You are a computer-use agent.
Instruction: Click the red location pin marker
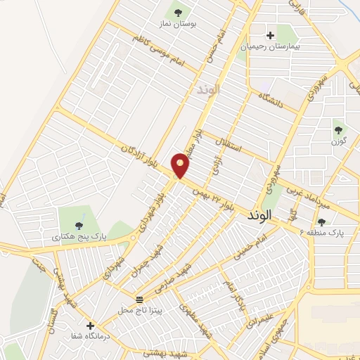(x=181, y=165)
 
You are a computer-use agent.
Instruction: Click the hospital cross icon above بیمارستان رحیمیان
(x=270, y=35)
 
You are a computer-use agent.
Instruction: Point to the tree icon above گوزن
(x=338, y=130)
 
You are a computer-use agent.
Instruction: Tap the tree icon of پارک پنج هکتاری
(x=79, y=226)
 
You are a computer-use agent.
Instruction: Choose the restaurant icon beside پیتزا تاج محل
(x=139, y=300)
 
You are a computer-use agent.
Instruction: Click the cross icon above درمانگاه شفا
(x=90, y=326)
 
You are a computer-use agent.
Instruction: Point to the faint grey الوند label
(x=209, y=89)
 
